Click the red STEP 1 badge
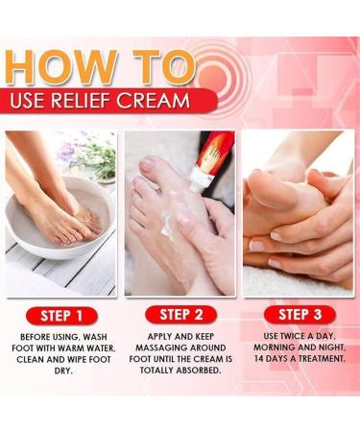click(61, 316)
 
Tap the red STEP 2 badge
click(181, 315)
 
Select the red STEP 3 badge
click(300, 314)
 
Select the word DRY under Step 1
click(63, 371)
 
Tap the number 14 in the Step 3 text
click(259, 358)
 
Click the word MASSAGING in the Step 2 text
click(161, 348)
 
